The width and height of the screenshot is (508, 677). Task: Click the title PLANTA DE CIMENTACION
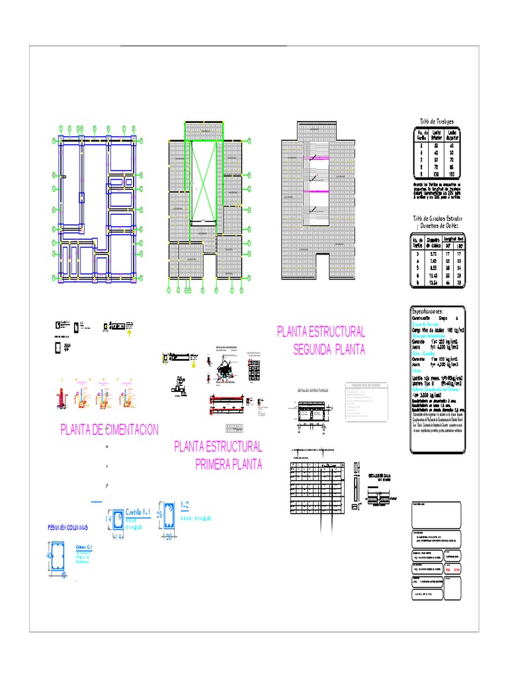pos(109,430)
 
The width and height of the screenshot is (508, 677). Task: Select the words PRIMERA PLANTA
pos(228,464)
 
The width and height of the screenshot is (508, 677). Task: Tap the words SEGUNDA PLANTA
pos(329,350)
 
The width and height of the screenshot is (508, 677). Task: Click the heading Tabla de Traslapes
pos(437,122)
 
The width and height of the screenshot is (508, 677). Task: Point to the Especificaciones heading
pos(437,310)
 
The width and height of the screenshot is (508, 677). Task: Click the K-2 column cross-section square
pos(171,517)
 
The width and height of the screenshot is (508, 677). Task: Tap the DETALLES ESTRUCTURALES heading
pos(314,391)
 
